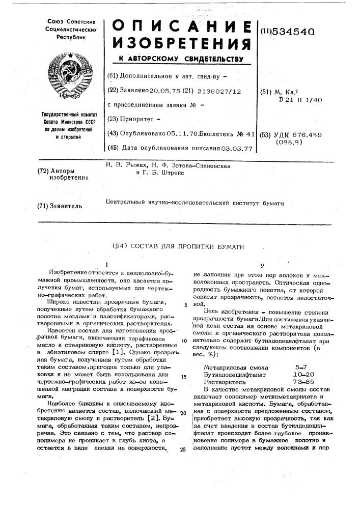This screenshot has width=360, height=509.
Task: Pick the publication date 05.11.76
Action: pos(174,134)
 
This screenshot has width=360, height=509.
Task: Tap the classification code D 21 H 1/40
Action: pos(297,100)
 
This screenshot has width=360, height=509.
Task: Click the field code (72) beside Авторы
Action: pos(44,171)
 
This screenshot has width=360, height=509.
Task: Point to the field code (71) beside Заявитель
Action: pos(44,206)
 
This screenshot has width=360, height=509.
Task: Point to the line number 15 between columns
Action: pos(182,377)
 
